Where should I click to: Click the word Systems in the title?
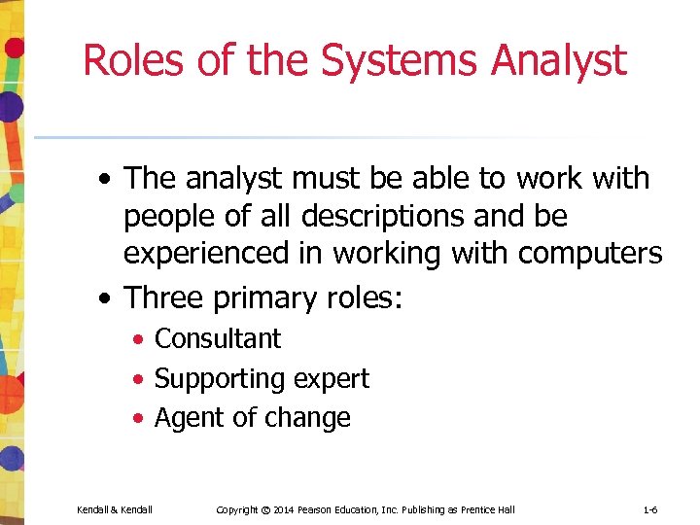tap(399, 59)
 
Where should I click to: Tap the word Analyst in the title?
tap(559, 59)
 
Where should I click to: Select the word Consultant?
tap(218, 338)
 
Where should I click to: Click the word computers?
tap(590, 254)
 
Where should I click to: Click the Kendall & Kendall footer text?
tap(115, 509)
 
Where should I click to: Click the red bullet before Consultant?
tap(140, 340)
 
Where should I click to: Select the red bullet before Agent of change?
tap(140, 419)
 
